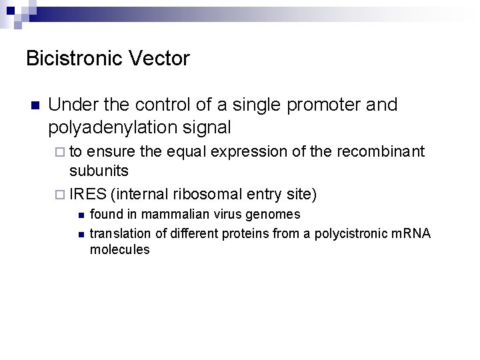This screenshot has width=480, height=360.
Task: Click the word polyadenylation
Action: click(x=117, y=127)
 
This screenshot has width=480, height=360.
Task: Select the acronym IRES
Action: click(x=88, y=195)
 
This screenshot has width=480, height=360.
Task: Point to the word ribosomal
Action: click(x=207, y=195)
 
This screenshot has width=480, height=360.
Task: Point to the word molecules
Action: click(x=119, y=250)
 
